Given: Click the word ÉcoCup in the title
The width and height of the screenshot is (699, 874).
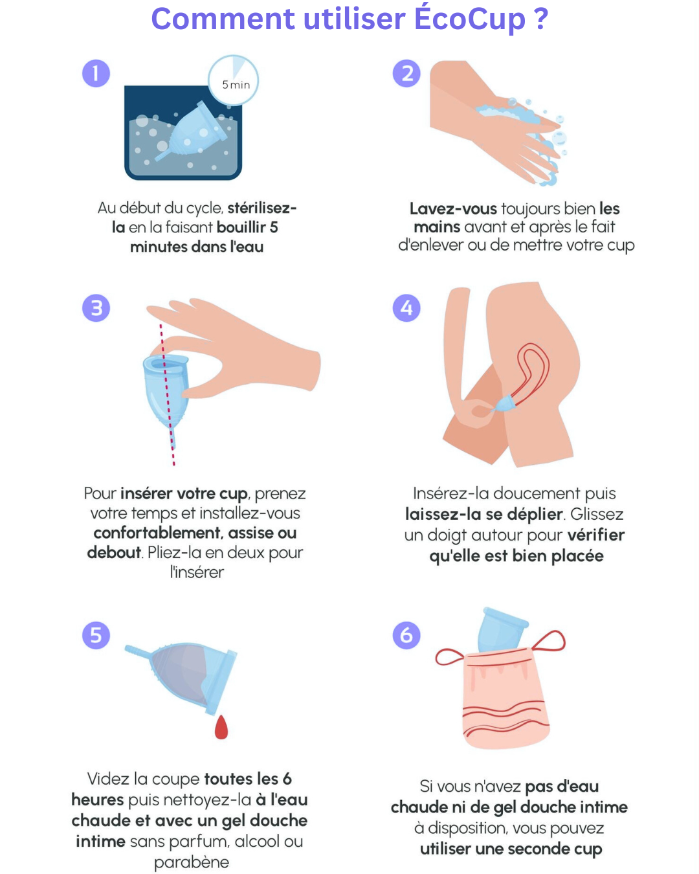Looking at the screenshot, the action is (x=469, y=19).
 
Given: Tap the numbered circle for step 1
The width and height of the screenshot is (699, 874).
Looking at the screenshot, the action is (x=96, y=74).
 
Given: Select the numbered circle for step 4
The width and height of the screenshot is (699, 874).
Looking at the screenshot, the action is (x=406, y=308).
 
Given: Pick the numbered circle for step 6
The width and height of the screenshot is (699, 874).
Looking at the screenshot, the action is (x=406, y=635).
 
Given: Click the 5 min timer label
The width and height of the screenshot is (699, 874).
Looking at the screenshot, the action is (x=236, y=85).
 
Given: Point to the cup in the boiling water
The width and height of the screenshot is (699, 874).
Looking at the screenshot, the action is (x=191, y=130).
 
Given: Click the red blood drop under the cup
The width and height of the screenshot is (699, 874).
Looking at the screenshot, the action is (x=221, y=727).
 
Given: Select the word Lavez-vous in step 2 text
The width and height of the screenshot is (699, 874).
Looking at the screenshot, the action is (x=453, y=208).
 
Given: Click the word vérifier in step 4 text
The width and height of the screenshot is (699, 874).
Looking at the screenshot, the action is (x=596, y=535).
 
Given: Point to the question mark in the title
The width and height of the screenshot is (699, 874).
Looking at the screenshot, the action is (x=541, y=19).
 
